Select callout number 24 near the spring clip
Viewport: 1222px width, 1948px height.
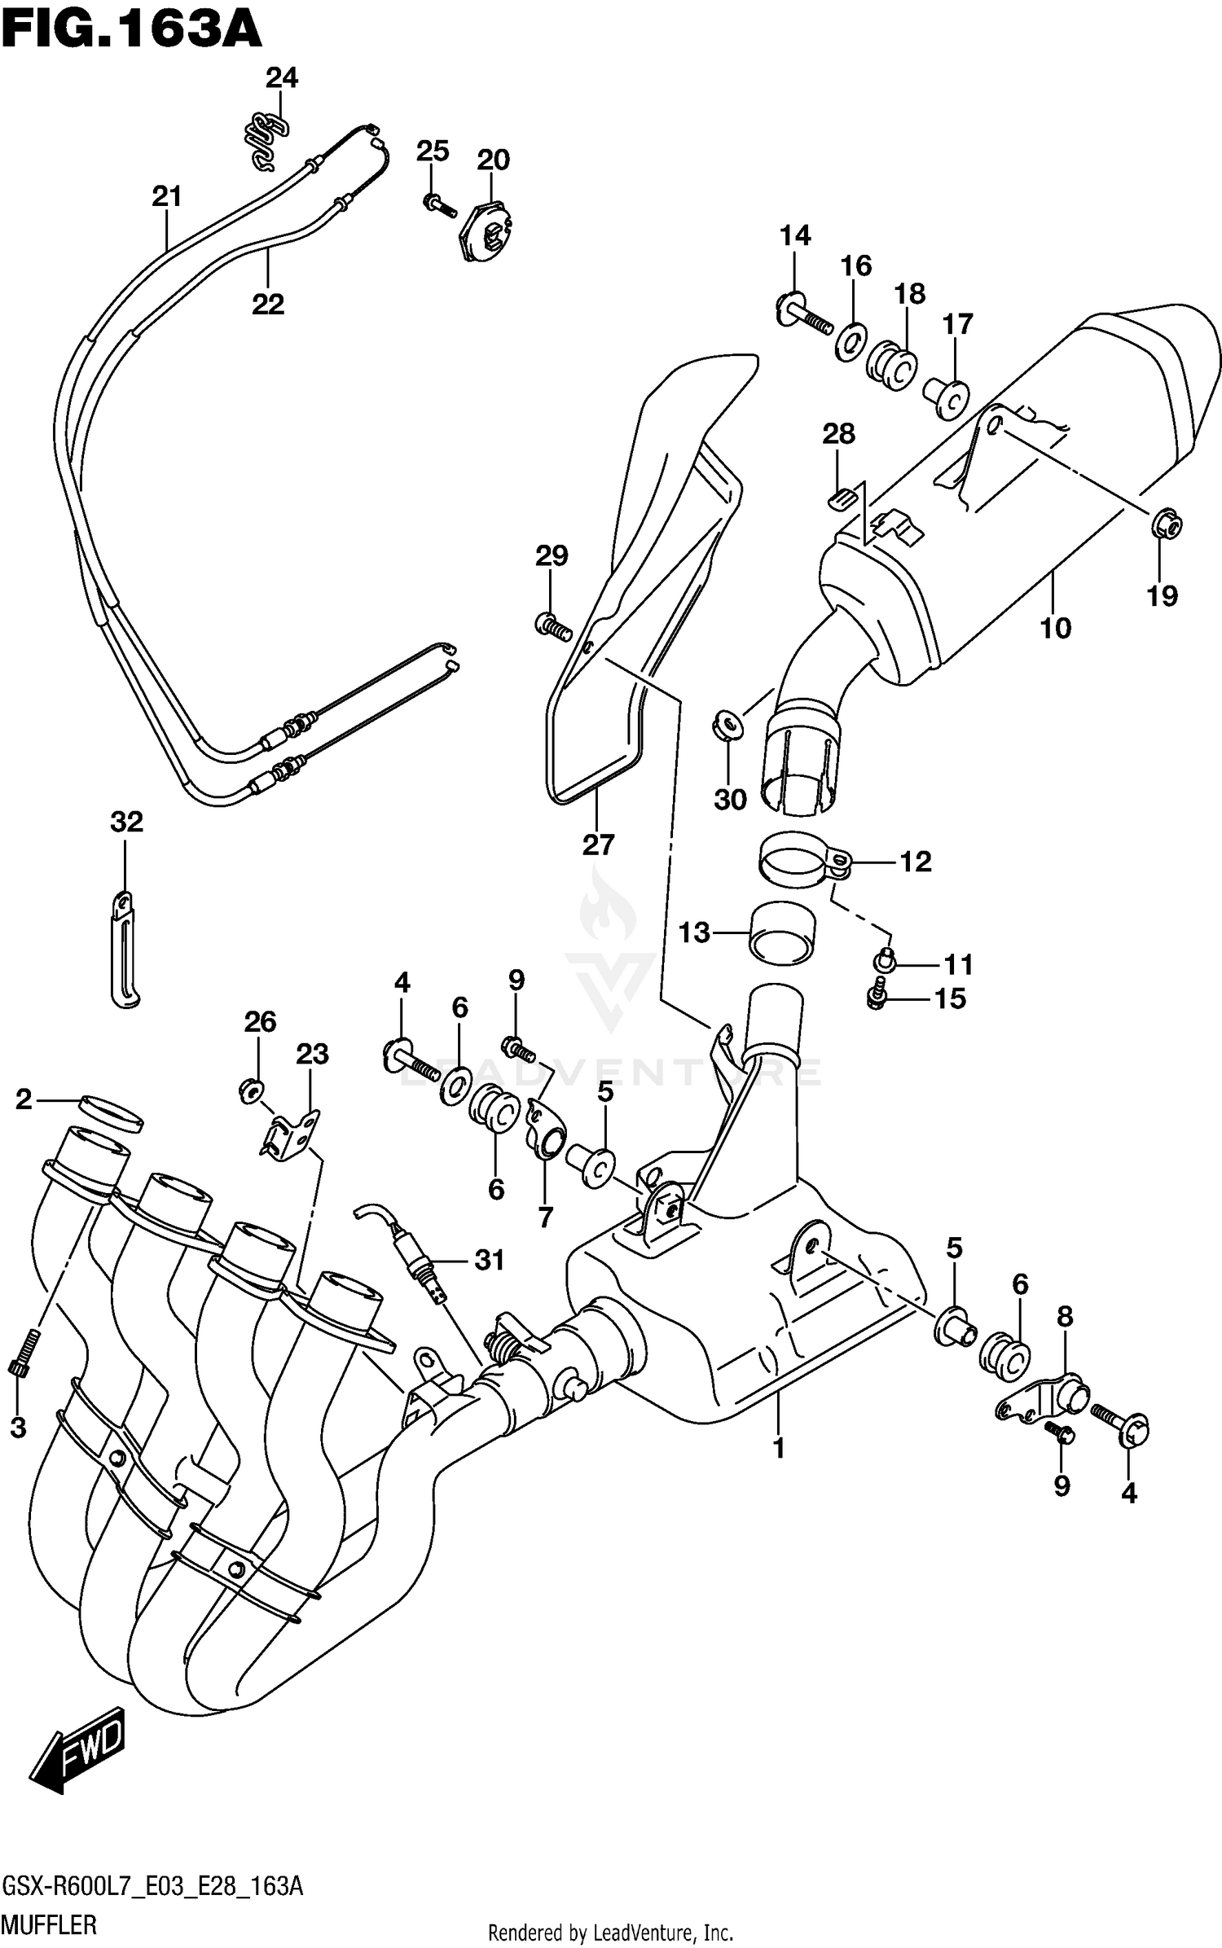[x=282, y=77]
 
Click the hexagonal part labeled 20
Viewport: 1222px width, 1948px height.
[x=486, y=230]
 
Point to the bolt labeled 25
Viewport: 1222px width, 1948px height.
[x=438, y=204]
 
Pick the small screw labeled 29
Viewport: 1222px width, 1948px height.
[x=553, y=626]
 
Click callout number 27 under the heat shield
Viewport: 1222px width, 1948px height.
[x=597, y=845]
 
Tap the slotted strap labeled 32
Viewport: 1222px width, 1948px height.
[x=124, y=952]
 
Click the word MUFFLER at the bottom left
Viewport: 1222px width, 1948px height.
[x=49, y=1926]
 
